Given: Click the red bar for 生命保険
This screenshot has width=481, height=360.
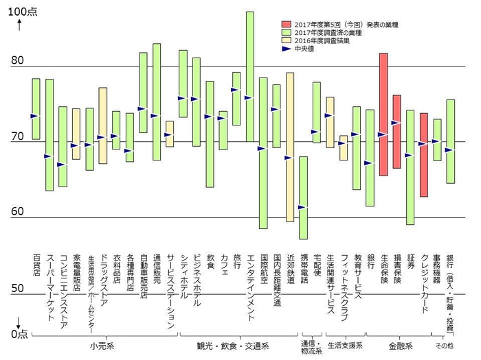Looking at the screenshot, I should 383,114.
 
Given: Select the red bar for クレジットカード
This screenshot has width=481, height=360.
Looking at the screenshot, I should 424,155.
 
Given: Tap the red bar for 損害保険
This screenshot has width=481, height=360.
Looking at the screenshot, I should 396,132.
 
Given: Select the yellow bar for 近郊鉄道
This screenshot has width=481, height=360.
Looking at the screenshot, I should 289,146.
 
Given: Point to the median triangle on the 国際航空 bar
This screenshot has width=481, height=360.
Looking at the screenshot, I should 261,148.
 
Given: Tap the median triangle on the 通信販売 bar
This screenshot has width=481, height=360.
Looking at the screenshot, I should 155,116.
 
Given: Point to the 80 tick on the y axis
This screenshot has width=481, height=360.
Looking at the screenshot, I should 18,62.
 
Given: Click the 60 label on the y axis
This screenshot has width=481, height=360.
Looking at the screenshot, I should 18,213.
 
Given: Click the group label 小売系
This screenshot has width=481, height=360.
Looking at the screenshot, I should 102,344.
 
